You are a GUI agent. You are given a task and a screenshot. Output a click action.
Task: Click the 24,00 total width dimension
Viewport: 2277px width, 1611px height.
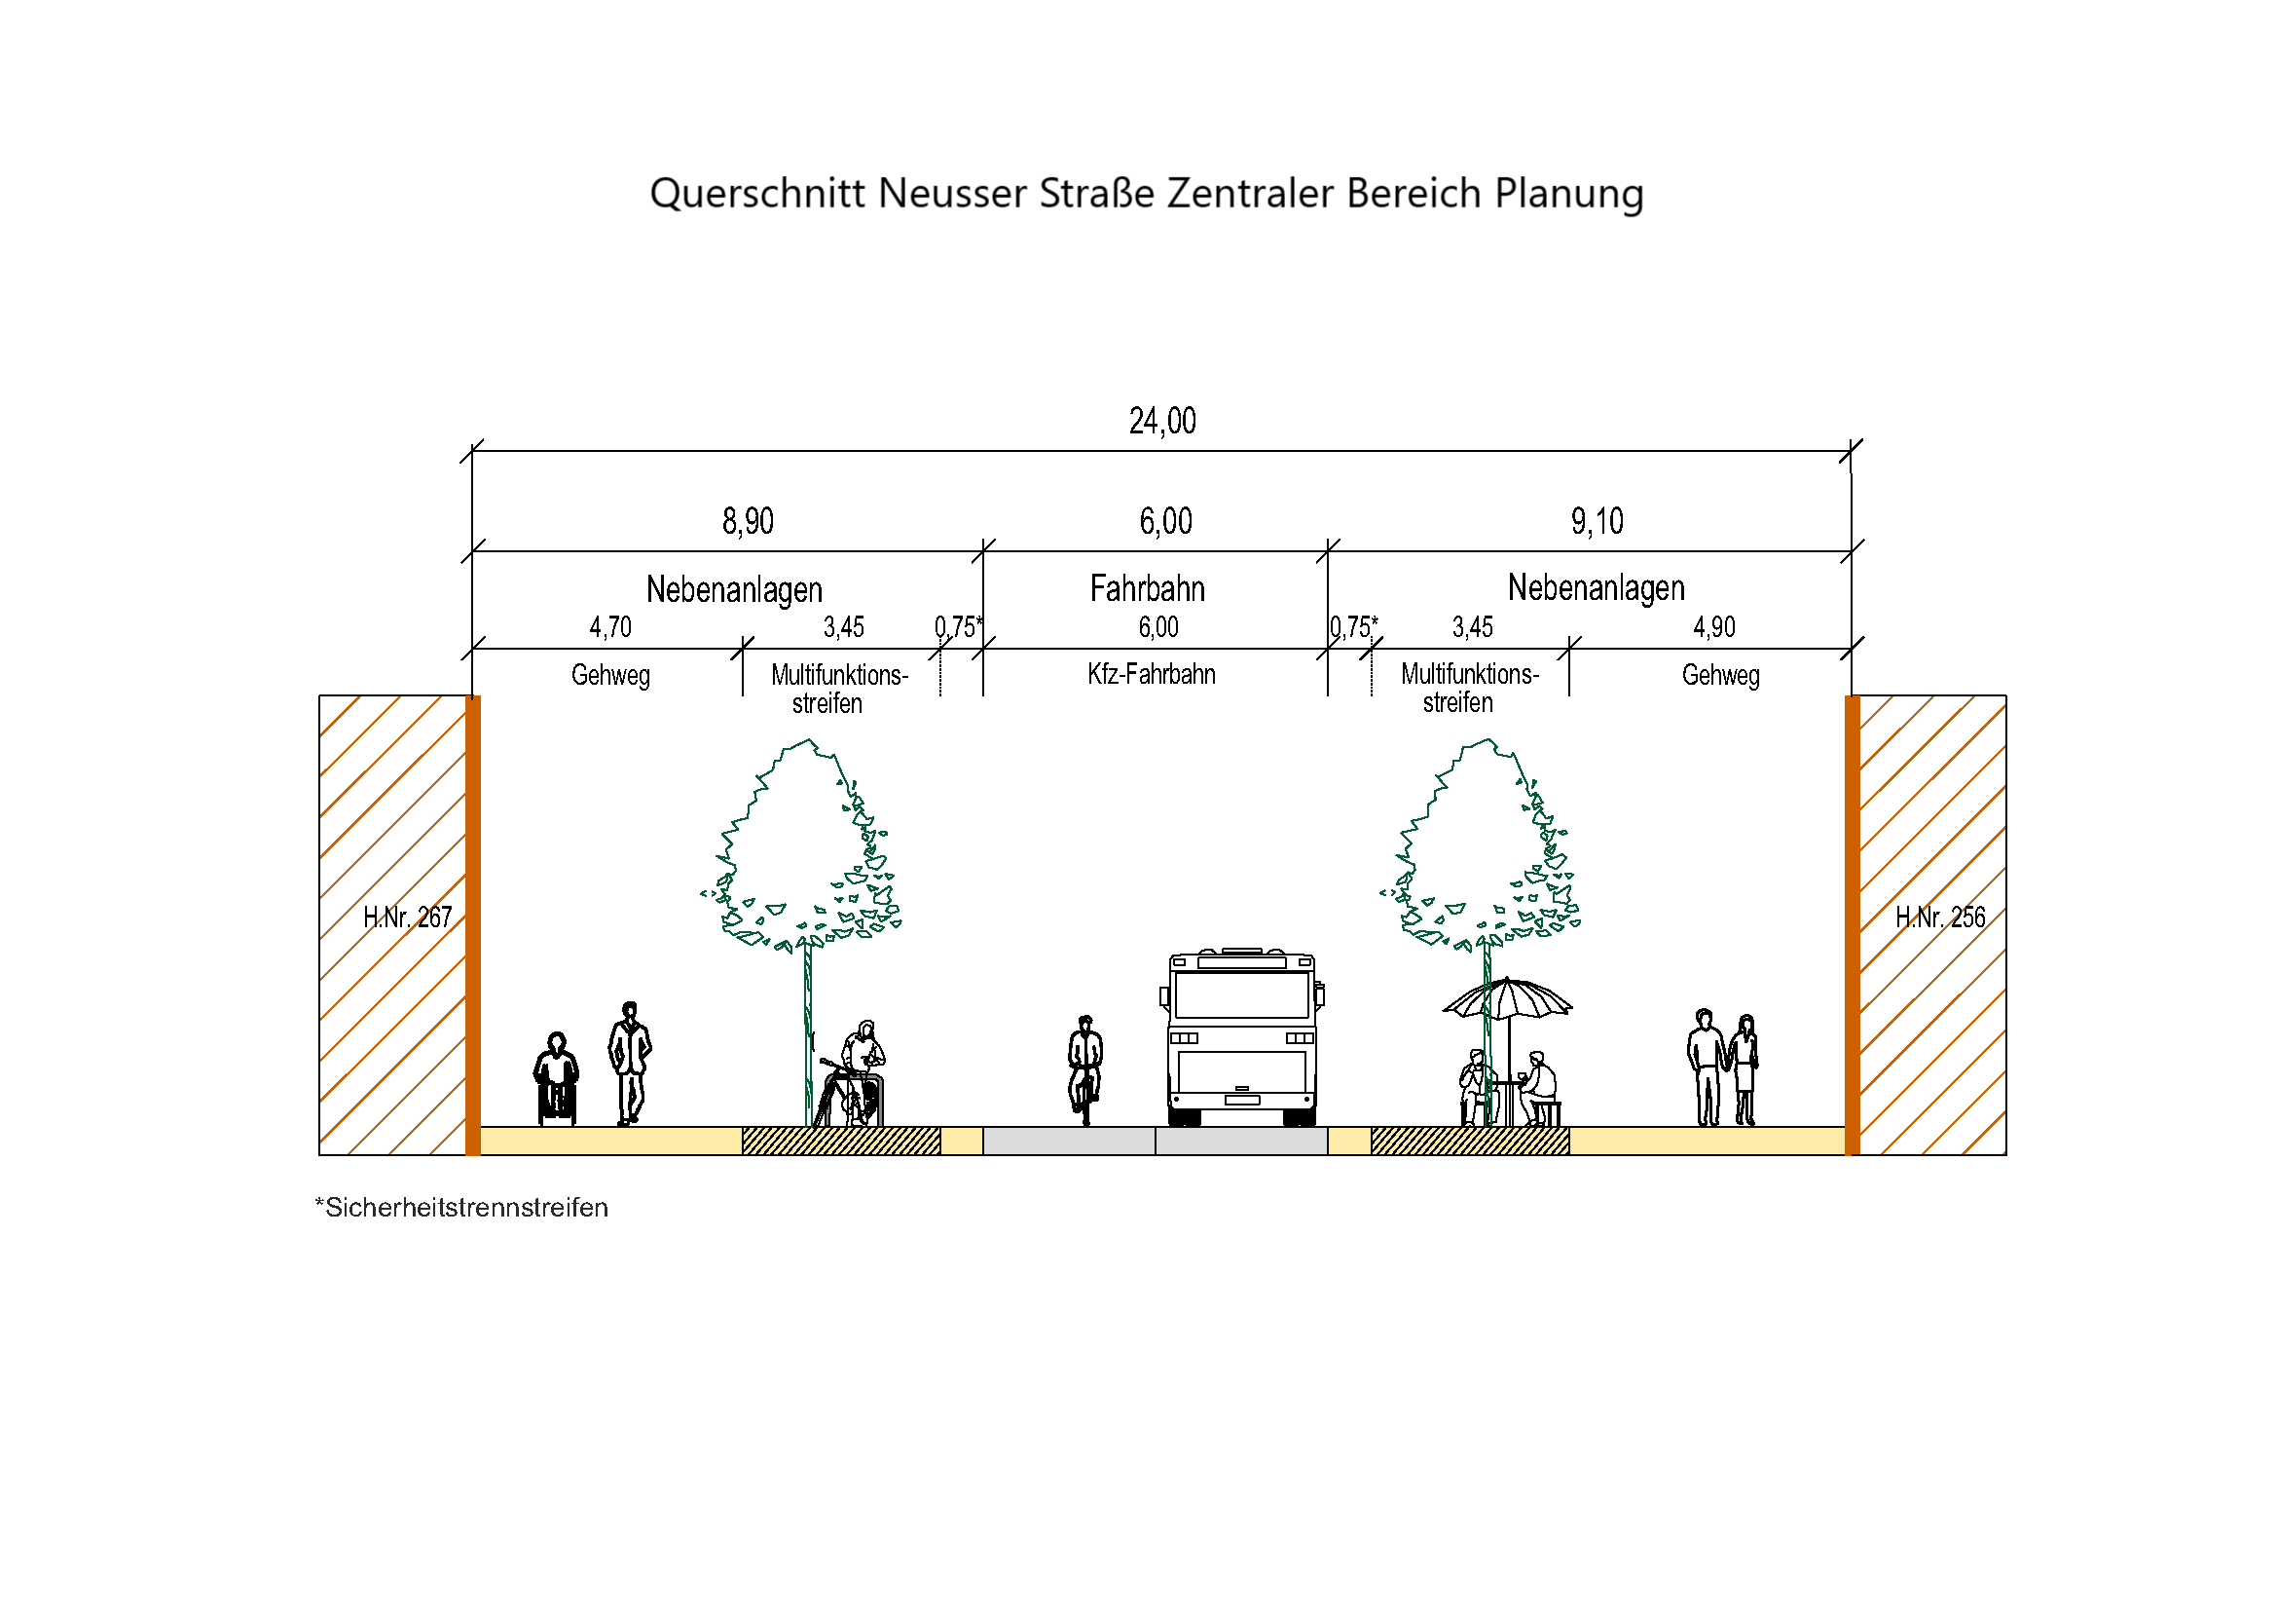[x=1162, y=422]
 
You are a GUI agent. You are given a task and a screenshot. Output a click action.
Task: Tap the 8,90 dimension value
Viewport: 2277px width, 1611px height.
[x=748, y=522]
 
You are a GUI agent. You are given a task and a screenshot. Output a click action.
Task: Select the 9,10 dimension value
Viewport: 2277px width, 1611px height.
[x=1597, y=522]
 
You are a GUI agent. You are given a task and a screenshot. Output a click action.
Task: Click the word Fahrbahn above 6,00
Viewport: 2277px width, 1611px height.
[x=1148, y=589]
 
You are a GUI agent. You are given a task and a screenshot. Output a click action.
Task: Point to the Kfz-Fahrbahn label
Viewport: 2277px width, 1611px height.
[x=1152, y=675]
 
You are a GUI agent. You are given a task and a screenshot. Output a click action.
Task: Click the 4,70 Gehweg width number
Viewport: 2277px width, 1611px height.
[x=610, y=627]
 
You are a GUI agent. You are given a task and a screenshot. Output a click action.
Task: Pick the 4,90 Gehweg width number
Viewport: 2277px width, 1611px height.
[x=1713, y=627]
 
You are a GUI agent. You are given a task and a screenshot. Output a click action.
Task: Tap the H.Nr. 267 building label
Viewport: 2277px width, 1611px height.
[x=408, y=918]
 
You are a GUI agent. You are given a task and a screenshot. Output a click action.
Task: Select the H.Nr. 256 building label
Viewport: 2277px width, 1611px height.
[x=1940, y=918]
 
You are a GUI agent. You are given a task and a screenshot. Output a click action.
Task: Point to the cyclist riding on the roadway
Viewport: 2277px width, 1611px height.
[x=1084, y=1069]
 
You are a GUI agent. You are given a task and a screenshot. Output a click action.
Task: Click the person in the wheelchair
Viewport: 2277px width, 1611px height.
[x=557, y=1078]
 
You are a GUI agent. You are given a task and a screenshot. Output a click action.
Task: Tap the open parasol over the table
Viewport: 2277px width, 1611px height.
[x=1507, y=999]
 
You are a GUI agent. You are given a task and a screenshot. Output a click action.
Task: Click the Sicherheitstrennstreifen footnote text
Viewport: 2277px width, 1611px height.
[x=462, y=1208]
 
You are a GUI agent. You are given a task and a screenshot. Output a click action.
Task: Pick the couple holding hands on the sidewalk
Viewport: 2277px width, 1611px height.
[x=1723, y=1068]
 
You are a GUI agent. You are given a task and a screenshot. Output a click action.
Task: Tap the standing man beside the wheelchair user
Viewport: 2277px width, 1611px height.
[x=630, y=1063]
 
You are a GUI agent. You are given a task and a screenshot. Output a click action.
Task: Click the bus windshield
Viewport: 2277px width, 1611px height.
[x=1241, y=995]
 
